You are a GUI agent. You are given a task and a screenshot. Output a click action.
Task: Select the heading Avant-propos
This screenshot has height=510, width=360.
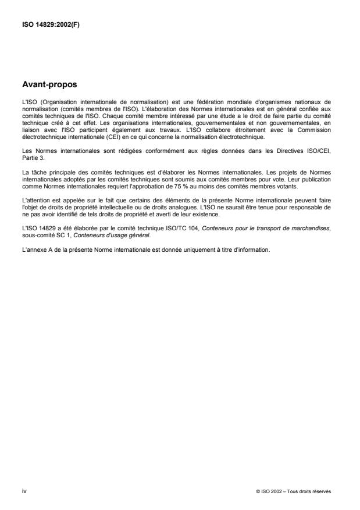pyautogui.click(x=50, y=84)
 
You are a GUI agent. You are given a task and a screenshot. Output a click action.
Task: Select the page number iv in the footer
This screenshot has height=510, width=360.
pyautogui.click(x=24, y=491)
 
